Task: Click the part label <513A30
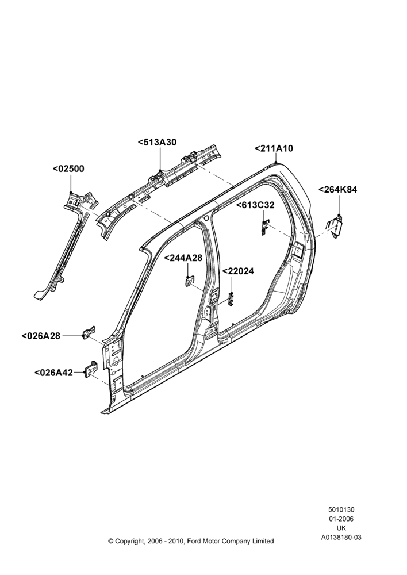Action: [158, 142]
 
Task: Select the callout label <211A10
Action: [274, 148]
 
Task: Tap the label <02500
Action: [68, 168]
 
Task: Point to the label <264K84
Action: [337, 190]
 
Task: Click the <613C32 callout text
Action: [255, 205]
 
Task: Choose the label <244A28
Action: [183, 258]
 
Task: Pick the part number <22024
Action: [239, 271]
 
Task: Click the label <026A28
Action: [41, 336]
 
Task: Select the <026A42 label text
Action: [53, 373]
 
